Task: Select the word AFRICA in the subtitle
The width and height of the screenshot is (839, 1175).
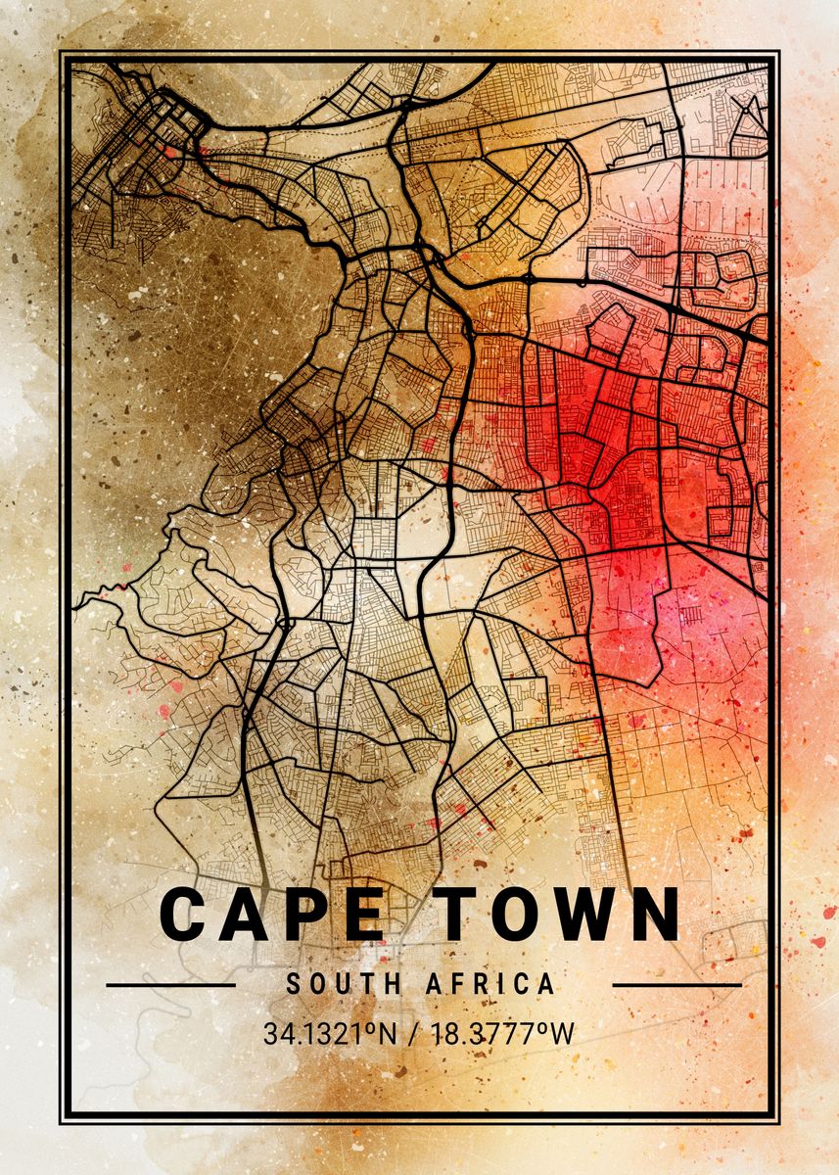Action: point(489,984)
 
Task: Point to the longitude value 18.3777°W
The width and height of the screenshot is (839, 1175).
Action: point(503,1033)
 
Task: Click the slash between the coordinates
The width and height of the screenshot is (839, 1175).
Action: point(414,1033)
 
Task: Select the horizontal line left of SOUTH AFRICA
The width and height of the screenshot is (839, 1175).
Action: point(170,984)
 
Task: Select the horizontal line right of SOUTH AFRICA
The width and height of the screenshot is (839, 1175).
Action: point(676,984)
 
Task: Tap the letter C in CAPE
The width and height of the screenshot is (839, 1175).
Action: point(182,915)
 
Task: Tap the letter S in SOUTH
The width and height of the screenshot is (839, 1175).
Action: point(293,984)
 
